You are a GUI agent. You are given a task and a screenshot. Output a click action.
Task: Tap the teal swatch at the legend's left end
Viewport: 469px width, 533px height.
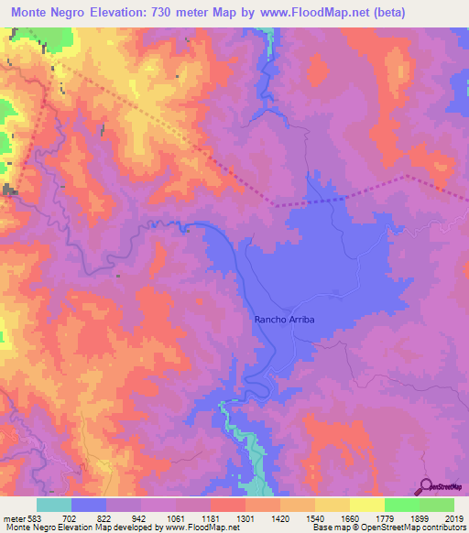(x=54, y=505)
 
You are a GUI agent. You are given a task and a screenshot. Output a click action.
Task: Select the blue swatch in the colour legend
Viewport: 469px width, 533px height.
(x=89, y=505)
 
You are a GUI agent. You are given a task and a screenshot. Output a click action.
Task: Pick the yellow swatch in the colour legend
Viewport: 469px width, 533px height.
(x=366, y=505)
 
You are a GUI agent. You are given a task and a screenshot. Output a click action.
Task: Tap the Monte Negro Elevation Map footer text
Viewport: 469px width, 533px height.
(x=55, y=528)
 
